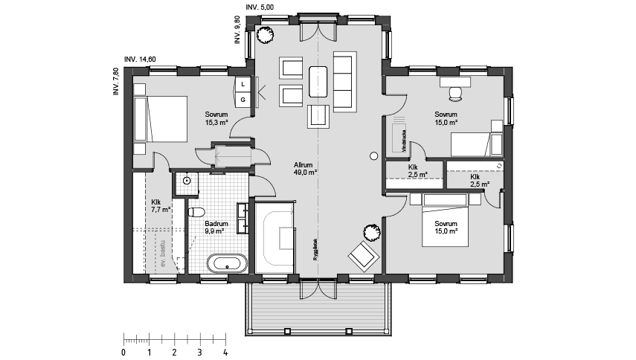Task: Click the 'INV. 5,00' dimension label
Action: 260,7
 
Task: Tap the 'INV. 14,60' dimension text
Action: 140,60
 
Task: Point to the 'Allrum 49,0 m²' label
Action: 306,167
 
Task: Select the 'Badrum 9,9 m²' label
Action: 216,227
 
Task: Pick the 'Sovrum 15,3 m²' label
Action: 216,118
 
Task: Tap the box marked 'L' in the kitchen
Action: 242,84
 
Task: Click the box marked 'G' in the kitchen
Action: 242,100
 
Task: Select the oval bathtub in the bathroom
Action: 226,263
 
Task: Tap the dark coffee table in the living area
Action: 318,82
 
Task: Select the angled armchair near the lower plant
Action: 362,256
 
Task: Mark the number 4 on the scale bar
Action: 225,351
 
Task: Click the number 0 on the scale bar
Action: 123,351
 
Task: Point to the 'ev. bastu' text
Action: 160,253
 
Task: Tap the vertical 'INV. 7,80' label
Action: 116,83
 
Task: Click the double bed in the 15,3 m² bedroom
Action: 166,118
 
